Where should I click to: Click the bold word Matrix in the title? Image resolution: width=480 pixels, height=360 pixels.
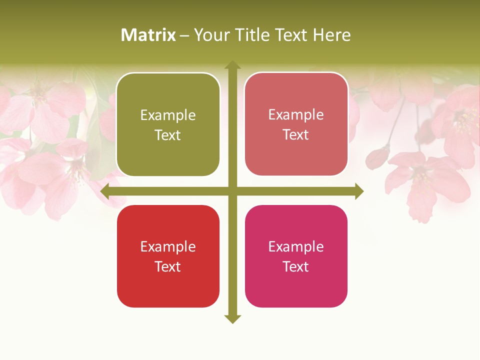(x=148, y=35)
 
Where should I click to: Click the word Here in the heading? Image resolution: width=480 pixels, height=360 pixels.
(x=331, y=35)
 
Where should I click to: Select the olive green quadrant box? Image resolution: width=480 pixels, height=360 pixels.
(x=168, y=125)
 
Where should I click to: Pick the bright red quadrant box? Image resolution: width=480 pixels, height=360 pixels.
(x=168, y=256)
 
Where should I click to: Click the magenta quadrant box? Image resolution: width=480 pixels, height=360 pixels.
(x=296, y=256)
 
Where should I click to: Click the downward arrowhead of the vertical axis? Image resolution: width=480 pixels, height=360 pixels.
(x=232, y=318)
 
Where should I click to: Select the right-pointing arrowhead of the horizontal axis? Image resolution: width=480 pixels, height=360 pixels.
(x=358, y=191)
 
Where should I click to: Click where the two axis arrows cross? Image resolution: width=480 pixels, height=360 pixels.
(x=232, y=191)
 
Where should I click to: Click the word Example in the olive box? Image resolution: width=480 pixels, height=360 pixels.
(x=168, y=115)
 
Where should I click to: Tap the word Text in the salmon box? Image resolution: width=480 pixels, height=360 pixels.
(x=296, y=134)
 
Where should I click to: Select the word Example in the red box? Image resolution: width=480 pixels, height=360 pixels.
(x=168, y=246)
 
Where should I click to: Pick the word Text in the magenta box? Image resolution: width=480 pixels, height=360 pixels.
(x=296, y=266)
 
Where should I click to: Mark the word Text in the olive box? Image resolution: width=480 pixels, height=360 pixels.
(x=168, y=135)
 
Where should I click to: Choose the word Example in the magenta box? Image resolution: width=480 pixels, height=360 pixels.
(x=296, y=246)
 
